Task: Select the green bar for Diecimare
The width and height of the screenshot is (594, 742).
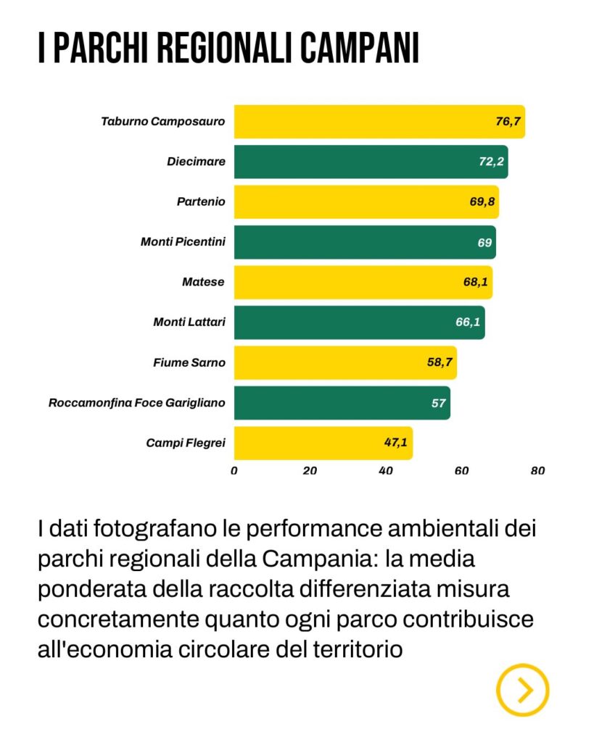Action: [x=370, y=162]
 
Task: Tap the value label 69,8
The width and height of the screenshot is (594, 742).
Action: [x=482, y=201]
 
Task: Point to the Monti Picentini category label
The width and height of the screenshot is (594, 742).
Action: [x=183, y=241]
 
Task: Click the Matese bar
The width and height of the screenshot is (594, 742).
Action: [x=363, y=282]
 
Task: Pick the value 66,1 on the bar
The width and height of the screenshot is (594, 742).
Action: [x=468, y=322]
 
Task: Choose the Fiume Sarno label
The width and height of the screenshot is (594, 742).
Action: [x=189, y=362]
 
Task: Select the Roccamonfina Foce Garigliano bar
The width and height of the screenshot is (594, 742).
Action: [x=341, y=402]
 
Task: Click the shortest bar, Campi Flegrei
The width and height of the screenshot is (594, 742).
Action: [x=323, y=442]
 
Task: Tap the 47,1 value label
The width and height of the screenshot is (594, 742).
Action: [x=396, y=442]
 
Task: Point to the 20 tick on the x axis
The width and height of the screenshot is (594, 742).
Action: [x=310, y=470]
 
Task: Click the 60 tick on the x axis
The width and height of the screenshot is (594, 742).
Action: [x=461, y=470]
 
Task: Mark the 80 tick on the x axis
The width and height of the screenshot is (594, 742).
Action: [x=537, y=470]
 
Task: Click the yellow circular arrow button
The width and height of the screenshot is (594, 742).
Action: [x=522, y=690]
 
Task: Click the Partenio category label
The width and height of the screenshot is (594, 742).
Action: [x=201, y=201]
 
